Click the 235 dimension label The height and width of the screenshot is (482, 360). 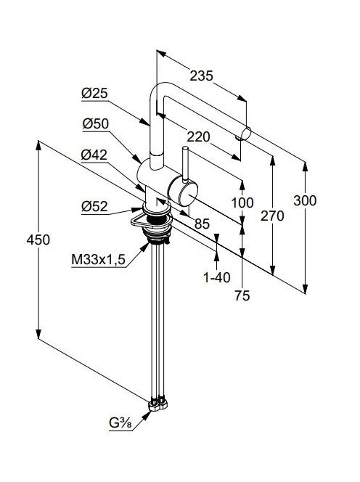201,75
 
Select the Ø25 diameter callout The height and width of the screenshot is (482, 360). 94,93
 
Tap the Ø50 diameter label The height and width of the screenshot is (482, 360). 96,123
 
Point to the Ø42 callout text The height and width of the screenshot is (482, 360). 94,155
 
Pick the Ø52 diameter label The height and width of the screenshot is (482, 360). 94,206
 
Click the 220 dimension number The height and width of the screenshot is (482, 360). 199,136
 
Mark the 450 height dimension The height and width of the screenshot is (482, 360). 38,240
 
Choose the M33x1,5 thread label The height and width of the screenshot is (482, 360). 99,260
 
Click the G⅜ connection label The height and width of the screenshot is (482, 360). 120,423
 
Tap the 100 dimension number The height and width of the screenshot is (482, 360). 242,203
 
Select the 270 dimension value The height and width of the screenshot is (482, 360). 272,216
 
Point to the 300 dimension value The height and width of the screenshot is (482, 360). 305,200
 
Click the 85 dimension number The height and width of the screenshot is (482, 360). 202,224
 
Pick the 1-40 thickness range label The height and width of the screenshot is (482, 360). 217,277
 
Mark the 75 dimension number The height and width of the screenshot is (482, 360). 242,295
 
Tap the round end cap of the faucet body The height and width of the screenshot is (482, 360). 188,194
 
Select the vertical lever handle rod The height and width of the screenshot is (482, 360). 185,165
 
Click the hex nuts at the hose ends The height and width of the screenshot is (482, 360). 158,404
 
